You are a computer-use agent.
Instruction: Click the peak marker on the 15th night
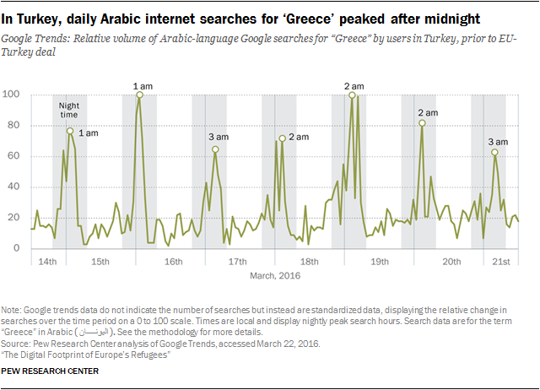pyautogui.click(x=70, y=131)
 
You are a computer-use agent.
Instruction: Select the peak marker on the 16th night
pyautogui.click(x=139, y=95)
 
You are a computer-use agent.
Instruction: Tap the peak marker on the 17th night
pyautogui.click(x=215, y=149)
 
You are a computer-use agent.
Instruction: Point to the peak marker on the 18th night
pyautogui.click(x=282, y=138)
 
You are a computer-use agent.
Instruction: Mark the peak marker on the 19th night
pyautogui.click(x=352, y=95)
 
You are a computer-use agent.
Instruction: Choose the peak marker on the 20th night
pyautogui.click(x=422, y=123)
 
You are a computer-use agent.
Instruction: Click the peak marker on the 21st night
pyautogui.click(x=495, y=153)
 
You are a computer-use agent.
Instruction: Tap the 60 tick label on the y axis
pyautogui.click(x=16, y=156)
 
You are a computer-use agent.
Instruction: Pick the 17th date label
pyautogui.click(x=238, y=262)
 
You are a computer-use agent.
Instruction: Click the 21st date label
pyautogui.click(x=500, y=262)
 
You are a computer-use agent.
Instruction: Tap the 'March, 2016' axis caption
pyautogui.click(x=275, y=275)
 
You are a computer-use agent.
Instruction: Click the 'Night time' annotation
pyautogui.click(x=69, y=111)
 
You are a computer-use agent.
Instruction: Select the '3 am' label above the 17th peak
pyautogui.click(x=218, y=136)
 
